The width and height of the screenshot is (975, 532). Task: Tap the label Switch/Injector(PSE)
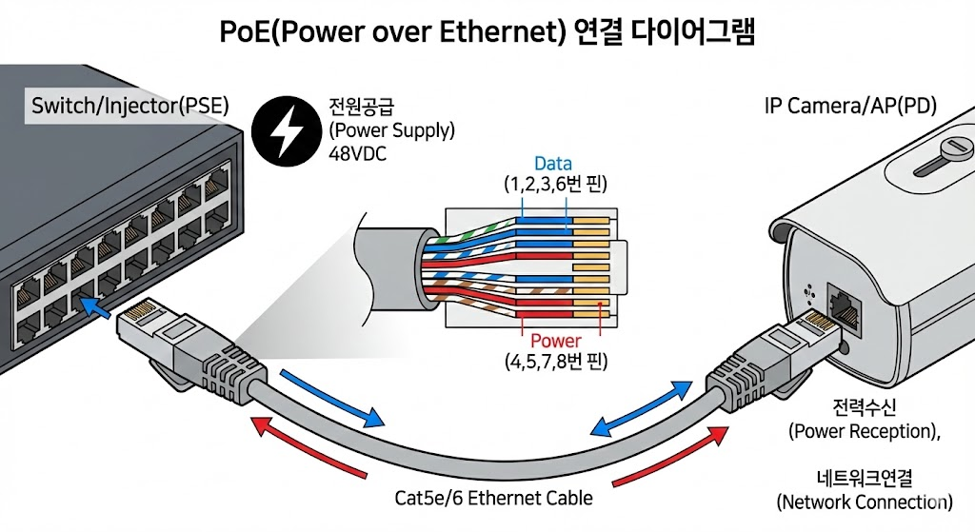130,106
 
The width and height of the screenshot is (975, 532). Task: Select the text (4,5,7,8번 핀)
556,362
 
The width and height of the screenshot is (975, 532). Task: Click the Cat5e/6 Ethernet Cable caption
493,498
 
